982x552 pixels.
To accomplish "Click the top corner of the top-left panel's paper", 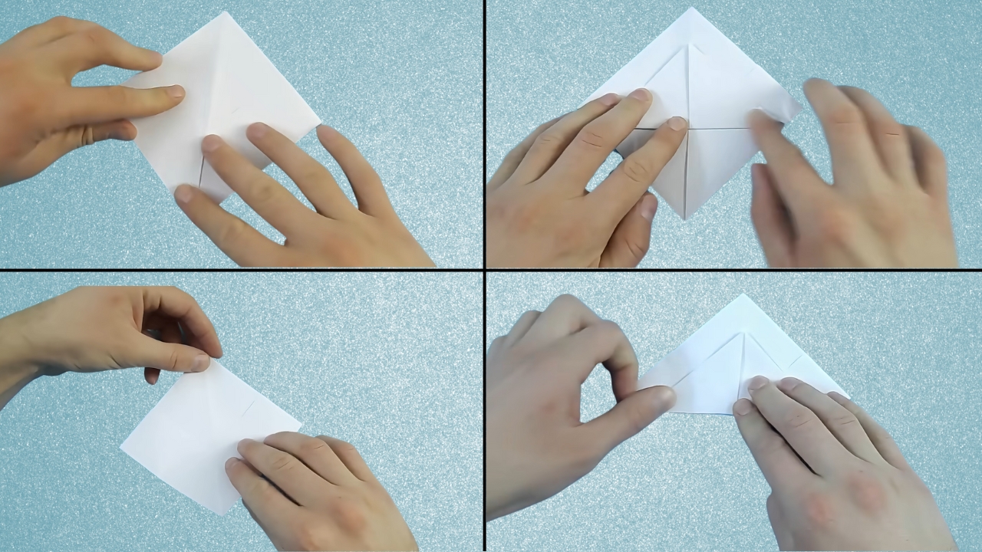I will pos(226,13).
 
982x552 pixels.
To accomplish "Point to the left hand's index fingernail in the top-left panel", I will pos(175,92).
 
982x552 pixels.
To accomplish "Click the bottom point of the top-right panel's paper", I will pos(685,219).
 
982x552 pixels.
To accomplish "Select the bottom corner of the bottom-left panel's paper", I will pos(222,513).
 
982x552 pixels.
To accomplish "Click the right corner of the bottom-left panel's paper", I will pos(301,422).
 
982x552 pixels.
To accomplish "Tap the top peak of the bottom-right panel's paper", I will pos(741,295).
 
